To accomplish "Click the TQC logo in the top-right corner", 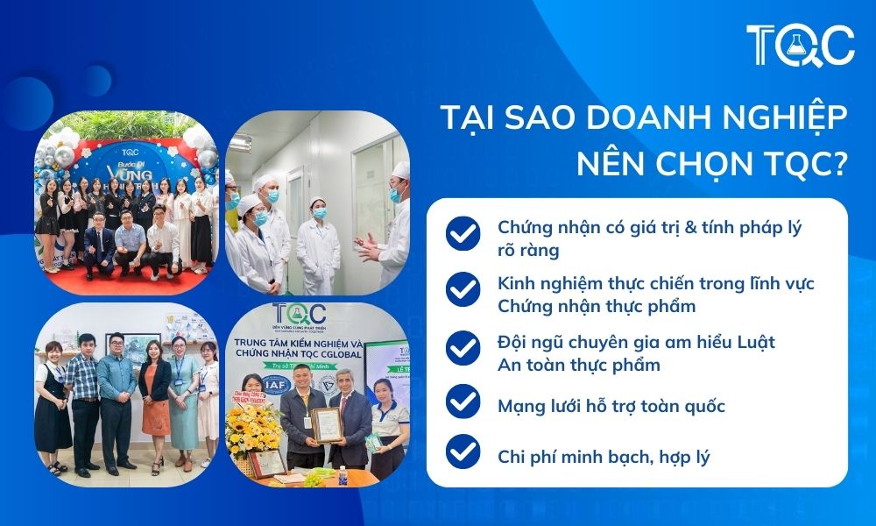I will point(800,45).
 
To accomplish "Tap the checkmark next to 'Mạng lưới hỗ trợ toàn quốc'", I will point(463,405).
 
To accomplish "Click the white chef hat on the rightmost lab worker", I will point(400,168).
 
